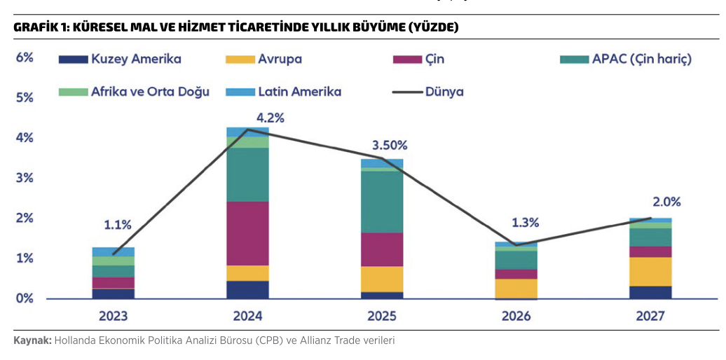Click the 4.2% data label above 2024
pyautogui.click(x=270, y=118)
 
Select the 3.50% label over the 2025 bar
pyautogui.click(x=389, y=146)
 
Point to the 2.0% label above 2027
pyautogui.click(x=666, y=202)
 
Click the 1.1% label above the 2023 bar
pyautogui.click(x=117, y=225)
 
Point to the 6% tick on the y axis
pyautogui.click(x=25, y=57)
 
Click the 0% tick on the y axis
pyautogui.click(x=25, y=298)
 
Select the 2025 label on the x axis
pyautogui.click(x=382, y=316)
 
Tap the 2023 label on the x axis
pyautogui.click(x=114, y=316)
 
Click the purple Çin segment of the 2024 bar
pyautogui.click(x=247, y=233)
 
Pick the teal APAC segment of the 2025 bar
pyautogui.click(x=382, y=202)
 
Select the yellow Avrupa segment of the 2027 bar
pyautogui.click(x=650, y=272)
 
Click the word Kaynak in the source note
pyautogui.click(x=32, y=341)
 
